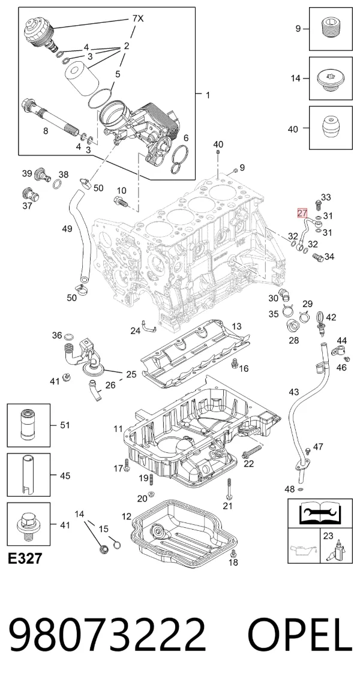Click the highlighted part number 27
[302, 214]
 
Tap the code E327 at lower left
[26, 559]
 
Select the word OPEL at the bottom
[300, 635]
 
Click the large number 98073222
[107, 635]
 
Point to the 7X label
[138, 19]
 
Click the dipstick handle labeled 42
[320, 318]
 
